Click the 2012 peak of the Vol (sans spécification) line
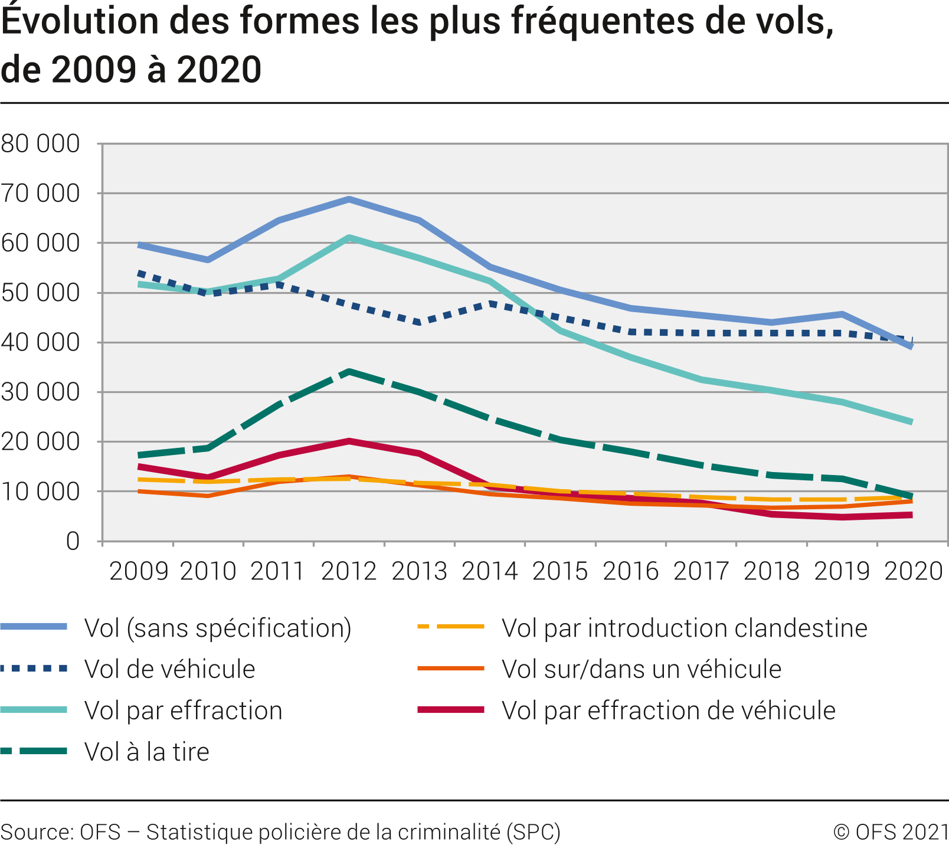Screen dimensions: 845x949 point(349,199)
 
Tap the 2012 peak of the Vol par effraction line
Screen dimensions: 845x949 point(349,238)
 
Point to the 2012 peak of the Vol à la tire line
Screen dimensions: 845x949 point(349,372)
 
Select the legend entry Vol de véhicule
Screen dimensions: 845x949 point(169,669)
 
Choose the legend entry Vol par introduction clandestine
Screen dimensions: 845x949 point(684,628)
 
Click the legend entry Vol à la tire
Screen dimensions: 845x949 point(146,752)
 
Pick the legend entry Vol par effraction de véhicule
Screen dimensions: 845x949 point(668,710)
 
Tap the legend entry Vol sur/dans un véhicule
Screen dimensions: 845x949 point(641,669)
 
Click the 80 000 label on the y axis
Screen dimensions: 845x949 point(40,143)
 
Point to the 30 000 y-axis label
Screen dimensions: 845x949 point(40,392)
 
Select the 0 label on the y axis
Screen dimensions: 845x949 point(72,541)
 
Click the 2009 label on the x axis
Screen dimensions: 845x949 point(139,571)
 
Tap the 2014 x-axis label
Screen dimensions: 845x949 point(490,571)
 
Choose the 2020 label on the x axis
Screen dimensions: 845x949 point(913,571)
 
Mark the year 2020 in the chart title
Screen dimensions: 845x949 point(219,70)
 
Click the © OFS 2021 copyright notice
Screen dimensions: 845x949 point(891,832)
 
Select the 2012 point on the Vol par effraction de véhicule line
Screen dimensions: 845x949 point(349,441)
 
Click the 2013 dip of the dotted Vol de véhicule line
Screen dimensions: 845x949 point(419,322)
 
